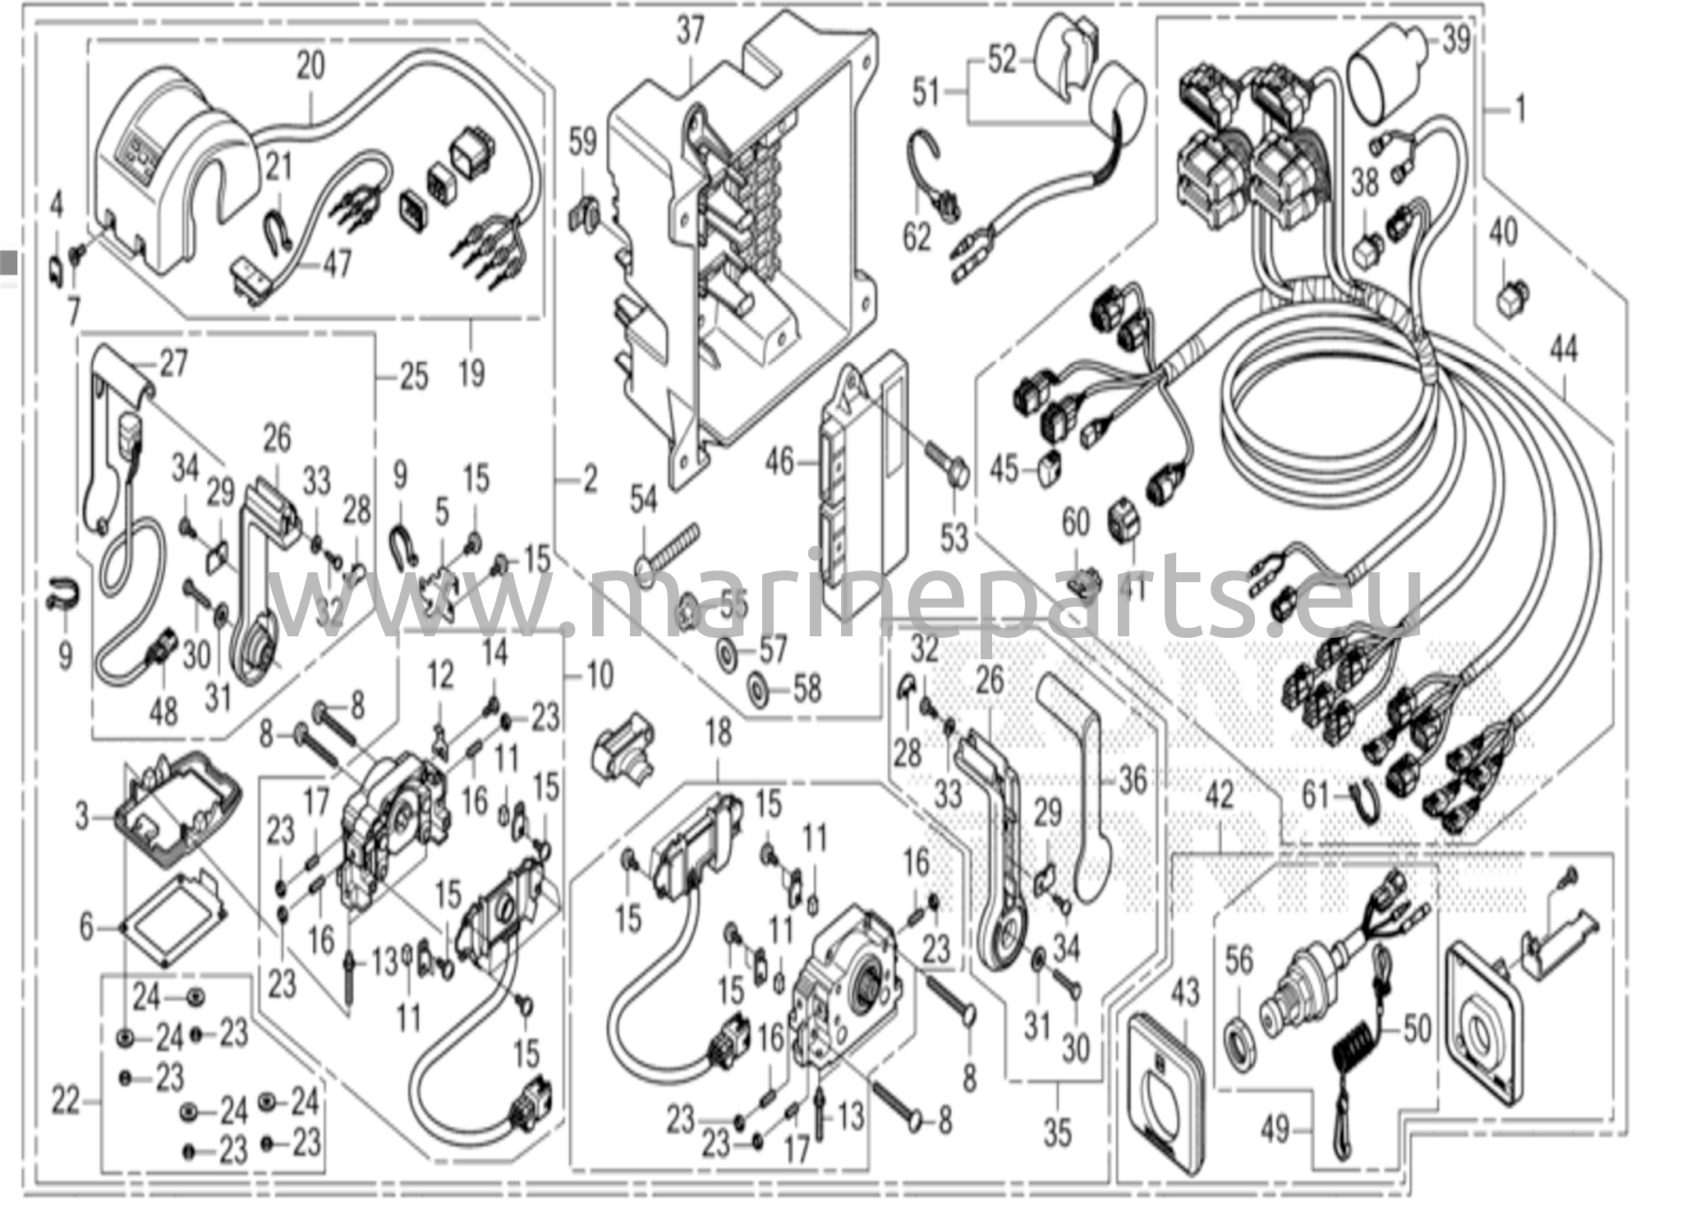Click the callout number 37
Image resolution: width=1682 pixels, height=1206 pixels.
click(691, 32)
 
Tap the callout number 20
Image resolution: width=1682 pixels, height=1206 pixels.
click(311, 65)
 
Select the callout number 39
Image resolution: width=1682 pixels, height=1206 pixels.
click(1455, 39)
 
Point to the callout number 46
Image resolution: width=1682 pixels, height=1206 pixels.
click(779, 463)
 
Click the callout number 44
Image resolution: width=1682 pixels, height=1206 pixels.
click(1563, 351)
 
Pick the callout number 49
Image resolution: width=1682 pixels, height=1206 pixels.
click(1275, 1132)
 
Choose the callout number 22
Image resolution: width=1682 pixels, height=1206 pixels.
click(67, 1100)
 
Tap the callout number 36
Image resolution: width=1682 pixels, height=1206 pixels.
click(1133, 779)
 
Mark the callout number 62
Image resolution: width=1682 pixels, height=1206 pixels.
click(917, 237)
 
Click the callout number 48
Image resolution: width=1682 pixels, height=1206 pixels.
click(164, 710)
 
